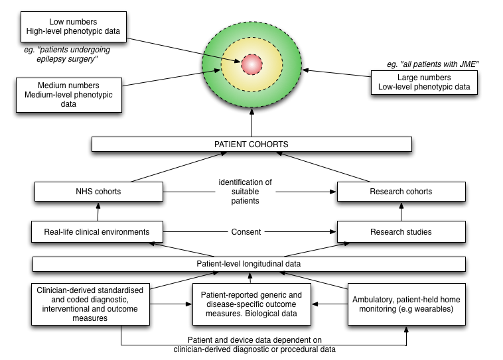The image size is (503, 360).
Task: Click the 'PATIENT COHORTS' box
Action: (x=251, y=144)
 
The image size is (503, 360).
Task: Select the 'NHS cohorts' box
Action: (x=98, y=192)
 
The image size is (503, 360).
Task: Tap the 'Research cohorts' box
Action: (x=401, y=192)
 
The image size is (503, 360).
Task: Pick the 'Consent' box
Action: (x=246, y=231)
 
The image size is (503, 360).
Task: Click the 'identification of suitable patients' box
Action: (x=246, y=192)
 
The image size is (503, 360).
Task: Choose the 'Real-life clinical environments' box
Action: (x=97, y=231)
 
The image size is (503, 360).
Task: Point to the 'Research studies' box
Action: (x=401, y=231)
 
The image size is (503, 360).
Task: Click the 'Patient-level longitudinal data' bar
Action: (x=249, y=264)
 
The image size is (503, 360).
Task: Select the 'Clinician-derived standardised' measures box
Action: (x=90, y=304)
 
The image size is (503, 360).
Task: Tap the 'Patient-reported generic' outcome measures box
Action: (x=251, y=304)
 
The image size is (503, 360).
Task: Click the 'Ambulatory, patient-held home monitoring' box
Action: (x=406, y=304)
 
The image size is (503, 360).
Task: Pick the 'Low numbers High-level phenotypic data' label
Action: (x=73, y=27)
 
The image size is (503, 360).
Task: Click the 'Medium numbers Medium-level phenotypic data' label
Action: (x=68, y=95)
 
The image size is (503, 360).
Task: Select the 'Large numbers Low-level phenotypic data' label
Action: (x=424, y=82)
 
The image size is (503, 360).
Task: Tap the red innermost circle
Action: (x=252, y=64)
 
